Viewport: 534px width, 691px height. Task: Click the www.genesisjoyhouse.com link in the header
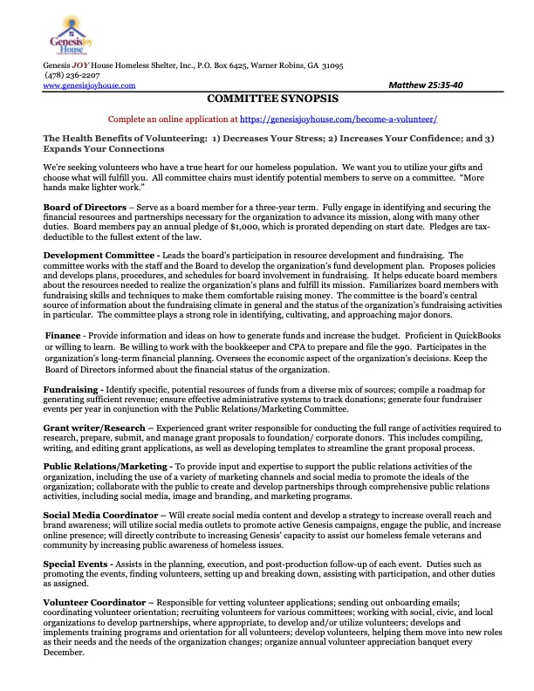pyautogui.click(x=89, y=86)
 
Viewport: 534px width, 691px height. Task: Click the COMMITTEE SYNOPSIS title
pyautogui.click(x=266, y=99)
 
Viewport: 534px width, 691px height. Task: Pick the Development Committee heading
pyautogui.click(x=97, y=254)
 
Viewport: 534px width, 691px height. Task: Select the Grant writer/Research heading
pyautogui.click(x=94, y=428)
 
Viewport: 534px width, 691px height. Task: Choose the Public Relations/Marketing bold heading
pyautogui.click(x=108, y=468)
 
